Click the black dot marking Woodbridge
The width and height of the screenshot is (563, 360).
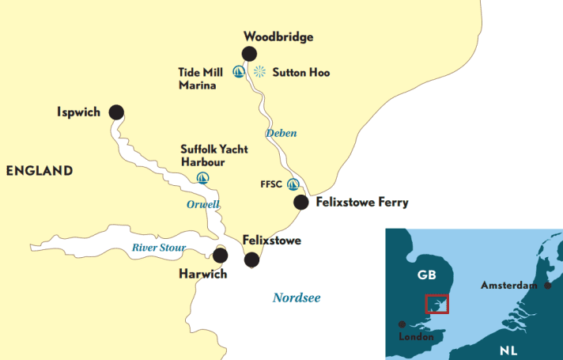coord(249,54)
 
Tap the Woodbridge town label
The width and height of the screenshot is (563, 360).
coord(278,36)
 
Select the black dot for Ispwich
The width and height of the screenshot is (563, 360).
coord(116,112)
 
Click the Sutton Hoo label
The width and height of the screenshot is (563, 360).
coord(301,73)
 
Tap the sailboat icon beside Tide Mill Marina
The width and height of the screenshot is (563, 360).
coord(239,72)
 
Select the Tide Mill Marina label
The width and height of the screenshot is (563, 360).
coord(197,78)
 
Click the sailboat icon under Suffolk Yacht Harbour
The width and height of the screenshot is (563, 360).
coord(202,177)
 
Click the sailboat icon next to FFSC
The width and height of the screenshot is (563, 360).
coord(293,184)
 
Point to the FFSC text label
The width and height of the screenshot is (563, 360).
coord(271,184)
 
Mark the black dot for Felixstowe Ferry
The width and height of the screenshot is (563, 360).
coord(301,203)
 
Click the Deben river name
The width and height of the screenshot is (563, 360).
coord(281,133)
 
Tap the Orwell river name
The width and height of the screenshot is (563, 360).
coord(202,204)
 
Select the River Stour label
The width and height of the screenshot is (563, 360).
coord(158,248)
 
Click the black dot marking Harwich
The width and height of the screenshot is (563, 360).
coord(220,256)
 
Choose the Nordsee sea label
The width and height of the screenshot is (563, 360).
coord(297,297)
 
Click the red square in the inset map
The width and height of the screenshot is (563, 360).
coord(436,304)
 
